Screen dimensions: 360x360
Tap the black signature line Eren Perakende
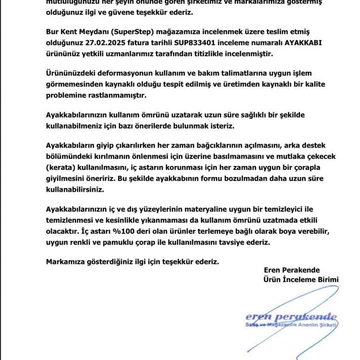(292, 270)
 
